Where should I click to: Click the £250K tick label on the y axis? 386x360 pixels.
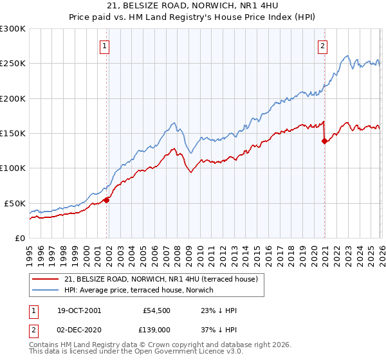[13, 64]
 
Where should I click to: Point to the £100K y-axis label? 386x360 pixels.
[13, 168]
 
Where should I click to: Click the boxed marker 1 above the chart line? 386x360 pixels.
[104, 46]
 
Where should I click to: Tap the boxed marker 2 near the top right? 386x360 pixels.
[322, 46]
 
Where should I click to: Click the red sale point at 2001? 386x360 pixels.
[107, 200]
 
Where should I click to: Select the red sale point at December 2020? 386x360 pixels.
[324, 141]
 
